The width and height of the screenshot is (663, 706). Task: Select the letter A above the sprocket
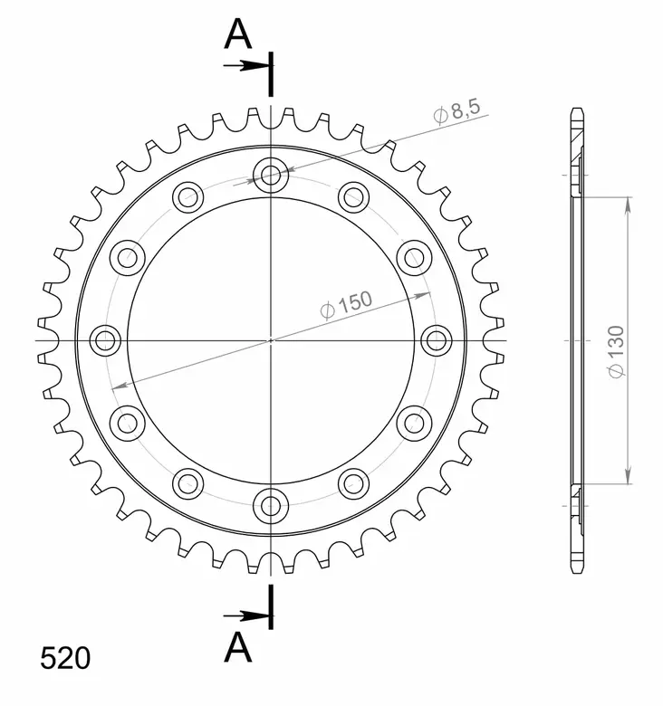[x=237, y=33]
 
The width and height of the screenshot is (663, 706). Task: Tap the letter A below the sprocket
[x=237, y=646]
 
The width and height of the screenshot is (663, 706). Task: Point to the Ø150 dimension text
[x=346, y=306]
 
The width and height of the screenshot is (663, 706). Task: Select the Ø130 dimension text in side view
[x=616, y=353]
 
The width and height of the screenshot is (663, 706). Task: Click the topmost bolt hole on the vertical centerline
[x=271, y=175]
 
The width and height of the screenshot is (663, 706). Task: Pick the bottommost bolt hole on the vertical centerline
[x=271, y=504]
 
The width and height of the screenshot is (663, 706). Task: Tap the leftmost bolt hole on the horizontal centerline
[x=106, y=340]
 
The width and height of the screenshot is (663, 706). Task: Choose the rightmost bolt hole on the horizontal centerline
[x=436, y=340]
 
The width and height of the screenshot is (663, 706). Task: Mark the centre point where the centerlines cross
[x=271, y=340]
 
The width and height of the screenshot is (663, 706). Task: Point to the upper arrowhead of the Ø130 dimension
[x=627, y=202]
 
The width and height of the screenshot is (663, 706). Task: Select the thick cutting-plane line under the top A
[x=271, y=74]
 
